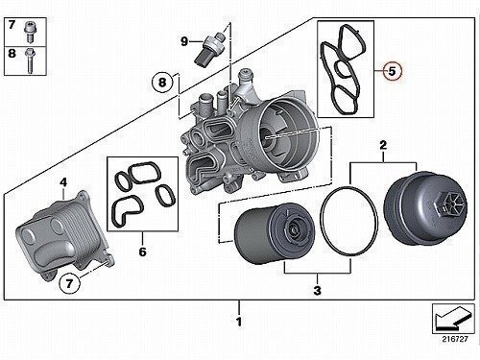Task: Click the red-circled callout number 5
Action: [x=392, y=71]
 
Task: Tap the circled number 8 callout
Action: [x=162, y=83]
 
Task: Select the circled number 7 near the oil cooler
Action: [x=69, y=283]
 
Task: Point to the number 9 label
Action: [x=184, y=41]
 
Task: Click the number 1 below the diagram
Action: [x=239, y=322]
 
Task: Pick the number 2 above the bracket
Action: [x=383, y=146]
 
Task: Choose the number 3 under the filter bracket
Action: [x=317, y=291]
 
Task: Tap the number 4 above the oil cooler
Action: [x=63, y=182]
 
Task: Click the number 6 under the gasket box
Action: [x=142, y=252]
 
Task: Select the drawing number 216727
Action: [x=455, y=339]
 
